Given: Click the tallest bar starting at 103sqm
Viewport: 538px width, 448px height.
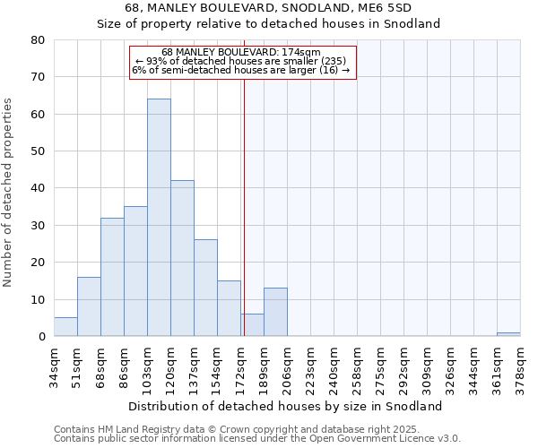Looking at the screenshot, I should [x=159, y=218].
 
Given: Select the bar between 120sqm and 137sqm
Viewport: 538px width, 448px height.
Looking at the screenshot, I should [x=182, y=259].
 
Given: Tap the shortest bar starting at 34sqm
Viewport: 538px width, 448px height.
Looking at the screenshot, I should [x=65, y=327].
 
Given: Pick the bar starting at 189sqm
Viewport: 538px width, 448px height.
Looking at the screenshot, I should [x=275, y=313].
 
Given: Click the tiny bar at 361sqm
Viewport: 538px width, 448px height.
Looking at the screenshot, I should [x=508, y=334].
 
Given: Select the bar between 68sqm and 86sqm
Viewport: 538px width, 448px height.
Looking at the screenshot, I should [x=112, y=278].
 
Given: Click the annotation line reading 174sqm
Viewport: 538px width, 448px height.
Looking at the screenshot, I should [x=242, y=53].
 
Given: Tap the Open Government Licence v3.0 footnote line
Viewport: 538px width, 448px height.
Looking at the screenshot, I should [x=257, y=439].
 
